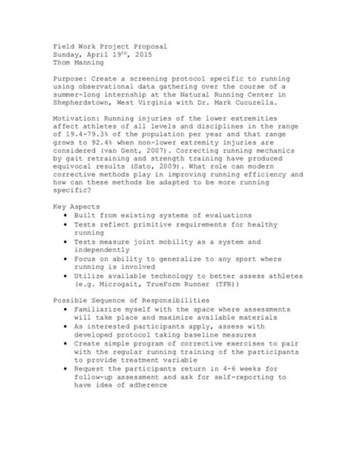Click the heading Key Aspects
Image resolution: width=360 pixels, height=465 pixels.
pos(77,207)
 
